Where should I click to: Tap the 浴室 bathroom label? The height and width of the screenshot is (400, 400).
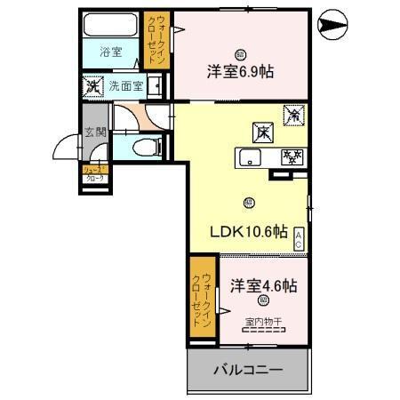(110, 52)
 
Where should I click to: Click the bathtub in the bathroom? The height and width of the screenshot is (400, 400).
(111, 26)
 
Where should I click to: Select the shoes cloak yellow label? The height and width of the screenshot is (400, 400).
(93, 173)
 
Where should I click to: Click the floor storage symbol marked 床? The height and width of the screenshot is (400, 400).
(263, 131)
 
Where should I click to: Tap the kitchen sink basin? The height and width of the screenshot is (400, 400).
(249, 157)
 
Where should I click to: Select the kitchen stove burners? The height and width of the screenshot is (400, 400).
(291, 157)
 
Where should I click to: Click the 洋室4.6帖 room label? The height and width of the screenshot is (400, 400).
(263, 286)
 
